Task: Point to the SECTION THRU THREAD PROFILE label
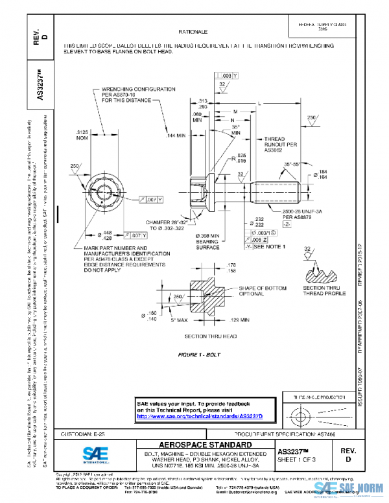point(321,290)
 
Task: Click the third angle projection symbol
point(318,412)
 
